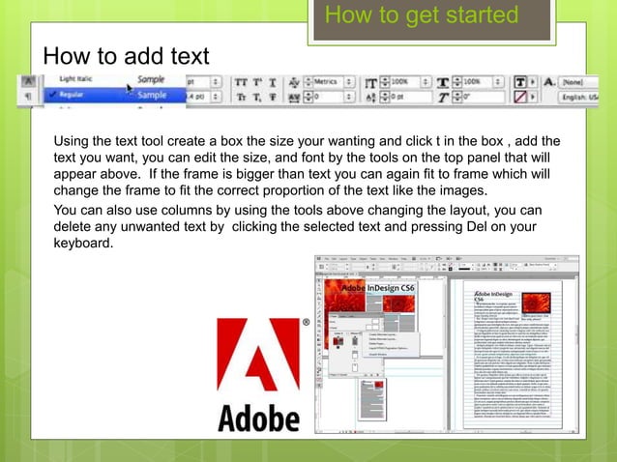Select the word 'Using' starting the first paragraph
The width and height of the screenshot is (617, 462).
73,142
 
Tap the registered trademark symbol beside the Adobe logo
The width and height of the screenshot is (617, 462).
306,323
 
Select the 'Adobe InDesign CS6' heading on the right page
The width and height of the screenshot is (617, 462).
495,296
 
